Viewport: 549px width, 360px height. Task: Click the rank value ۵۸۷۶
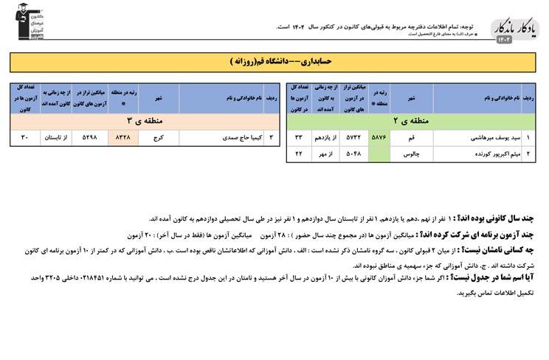tap(379, 137)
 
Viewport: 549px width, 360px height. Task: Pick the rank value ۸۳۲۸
tap(123, 137)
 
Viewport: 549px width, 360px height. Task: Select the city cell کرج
tap(158, 137)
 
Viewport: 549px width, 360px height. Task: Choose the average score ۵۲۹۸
tap(89, 137)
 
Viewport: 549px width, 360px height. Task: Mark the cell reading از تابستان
tap(55, 137)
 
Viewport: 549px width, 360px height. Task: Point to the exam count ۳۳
tap(299, 137)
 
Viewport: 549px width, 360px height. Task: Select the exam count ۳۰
tap(24, 137)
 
